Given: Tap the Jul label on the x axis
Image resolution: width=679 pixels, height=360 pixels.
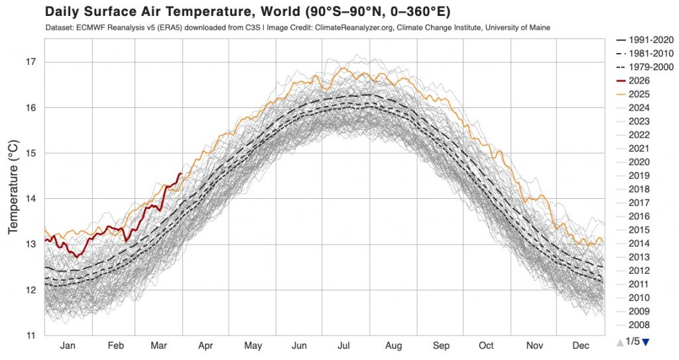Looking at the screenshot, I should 343,346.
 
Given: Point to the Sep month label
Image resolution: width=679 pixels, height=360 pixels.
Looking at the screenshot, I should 440,346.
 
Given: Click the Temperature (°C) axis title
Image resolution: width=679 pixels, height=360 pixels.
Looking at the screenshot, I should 13,188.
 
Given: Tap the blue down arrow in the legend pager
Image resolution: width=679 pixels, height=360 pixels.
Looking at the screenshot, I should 646,341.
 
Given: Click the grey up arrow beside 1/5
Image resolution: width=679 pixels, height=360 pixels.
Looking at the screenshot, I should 620,341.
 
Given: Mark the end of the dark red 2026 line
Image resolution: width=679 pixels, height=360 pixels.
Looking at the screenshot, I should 181,173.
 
